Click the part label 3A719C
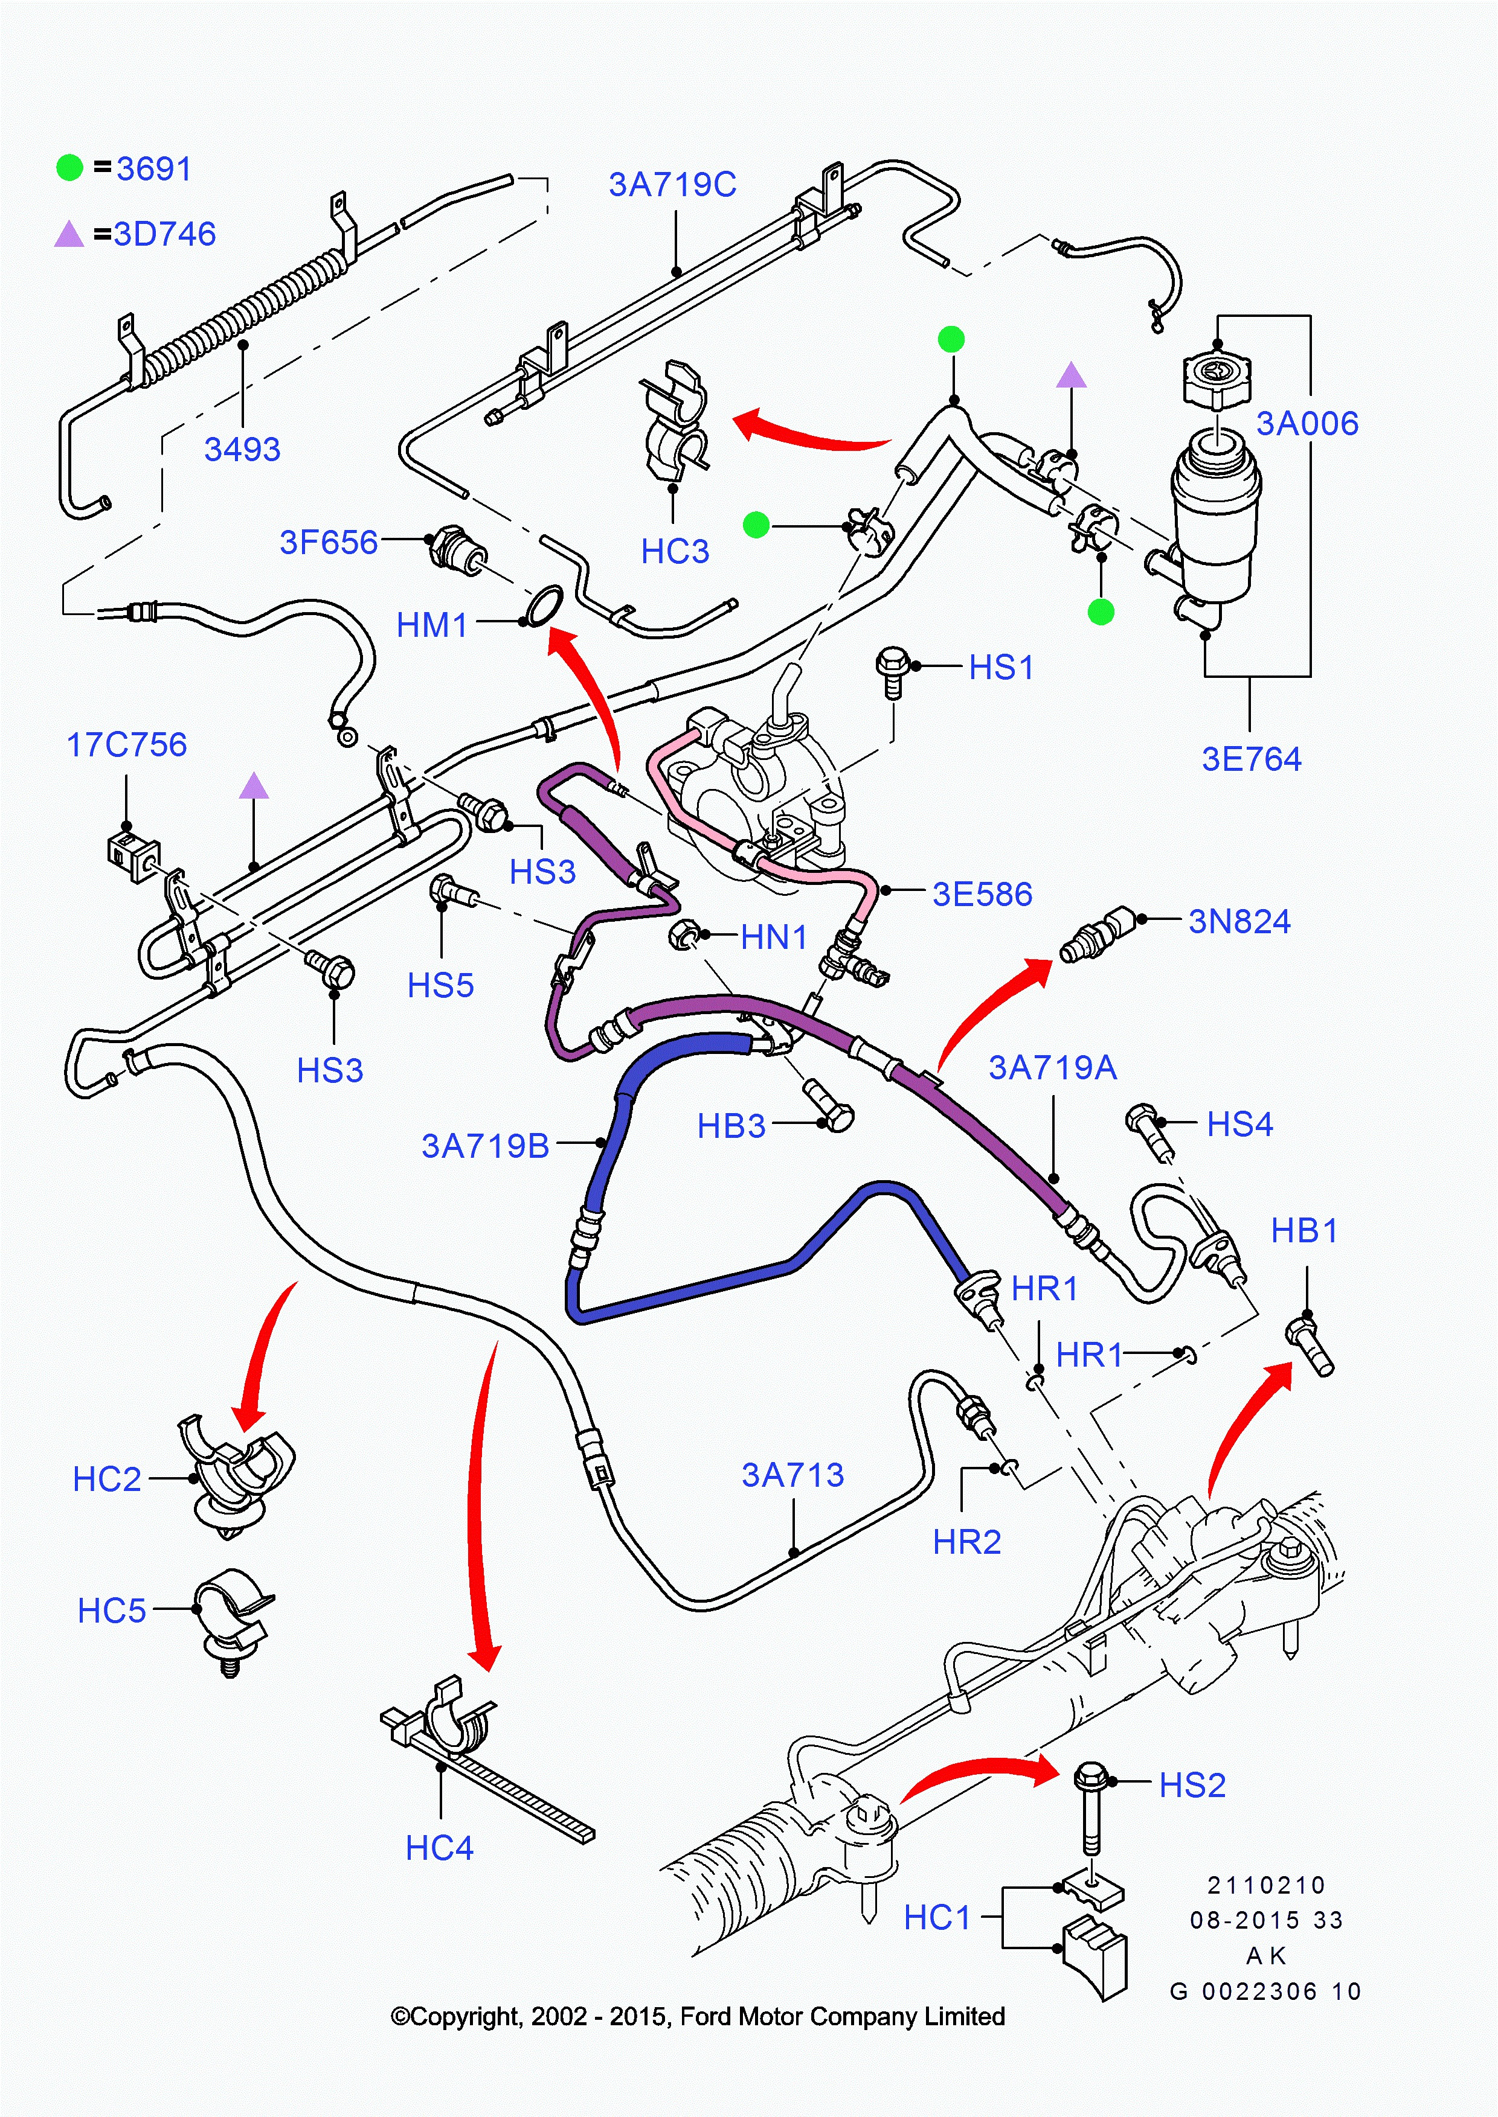point(672,184)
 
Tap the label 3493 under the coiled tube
point(242,449)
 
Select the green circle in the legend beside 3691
point(70,168)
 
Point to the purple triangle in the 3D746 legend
point(69,235)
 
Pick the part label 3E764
point(1251,759)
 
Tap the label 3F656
point(329,542)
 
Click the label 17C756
point(126,744)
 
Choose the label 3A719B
point(485,1145)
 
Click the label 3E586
point(982,893)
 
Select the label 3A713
point(792,1474)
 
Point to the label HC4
point(439,1848)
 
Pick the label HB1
point(1304,1230)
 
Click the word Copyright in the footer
point(465,2017)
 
